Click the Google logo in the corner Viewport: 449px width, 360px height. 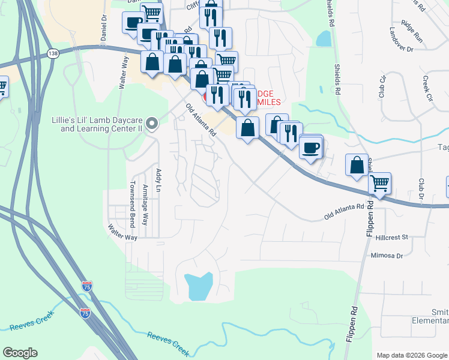point(20,353)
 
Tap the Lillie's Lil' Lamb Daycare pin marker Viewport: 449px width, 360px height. point(152,124)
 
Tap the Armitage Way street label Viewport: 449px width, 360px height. point(145,205)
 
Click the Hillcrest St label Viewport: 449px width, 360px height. point(391,237)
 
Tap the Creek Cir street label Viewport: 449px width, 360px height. point(427,88)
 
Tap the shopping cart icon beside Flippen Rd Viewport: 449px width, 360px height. point(379,182)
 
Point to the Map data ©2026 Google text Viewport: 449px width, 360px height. point(412,355)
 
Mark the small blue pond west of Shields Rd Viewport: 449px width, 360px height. point(324,39)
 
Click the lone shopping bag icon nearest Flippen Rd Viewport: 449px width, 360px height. point(357,164)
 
